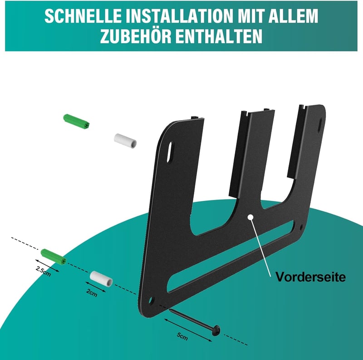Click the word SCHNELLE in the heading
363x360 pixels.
pyautogui.click(x=83, y=16)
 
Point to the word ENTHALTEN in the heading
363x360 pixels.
pyautogui.click(x=219, y=36)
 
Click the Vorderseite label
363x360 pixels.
pyautogui.click(x=310, y=277)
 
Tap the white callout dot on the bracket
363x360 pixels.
pyautogui.click(x=250, y=217)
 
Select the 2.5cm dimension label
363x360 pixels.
pyautogui.click(x=43, y=271)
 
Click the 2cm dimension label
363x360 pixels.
pyautogui.click(x=92, y=292)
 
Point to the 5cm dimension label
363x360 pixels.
pyautogui.click(x=182, y=336)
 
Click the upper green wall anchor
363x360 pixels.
pyautogui.click(x=76, y=122)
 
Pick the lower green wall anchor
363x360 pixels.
pyautogui.click(x=54, y=257)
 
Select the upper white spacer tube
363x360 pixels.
pyautogui.click(x=125, y=141)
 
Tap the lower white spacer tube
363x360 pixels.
pyautogui.click(x=101, y=279)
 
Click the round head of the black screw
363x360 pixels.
pyautogui.click(x=216, y=330)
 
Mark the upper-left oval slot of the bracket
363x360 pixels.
pyautogui.click(x=170, y=152)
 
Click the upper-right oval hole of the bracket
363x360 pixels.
pyautogui.click(x=320, y=125)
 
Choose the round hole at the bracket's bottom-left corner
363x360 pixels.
pyautogui.click(x=151, y=300)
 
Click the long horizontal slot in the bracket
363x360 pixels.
pyautogui.click(x=231, y=256)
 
